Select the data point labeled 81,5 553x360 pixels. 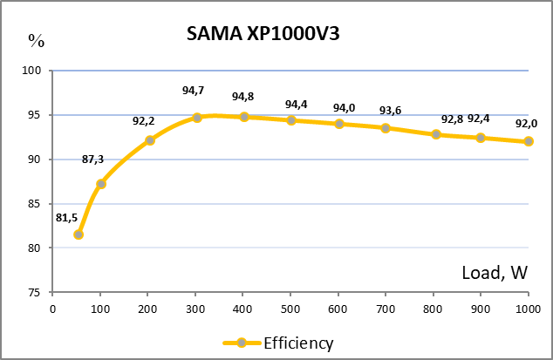coord(79,234)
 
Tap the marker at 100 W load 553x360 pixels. coord(101,184)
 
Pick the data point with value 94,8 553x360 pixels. coord(244,117)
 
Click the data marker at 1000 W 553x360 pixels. coord(529,141)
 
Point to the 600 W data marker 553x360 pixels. coord(339,124)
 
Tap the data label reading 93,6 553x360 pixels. coord(390,110)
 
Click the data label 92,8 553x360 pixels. coord(452,119)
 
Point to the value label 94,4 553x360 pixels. coord(297,105)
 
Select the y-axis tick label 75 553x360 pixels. coord(36,292)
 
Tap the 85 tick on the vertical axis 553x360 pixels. coord(36,203)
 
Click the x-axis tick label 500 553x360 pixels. coord(291,309)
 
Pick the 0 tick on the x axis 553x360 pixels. coord(52,309)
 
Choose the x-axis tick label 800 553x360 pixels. coord(434,309)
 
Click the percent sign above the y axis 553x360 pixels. coord(36,39)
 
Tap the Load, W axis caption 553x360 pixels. coord(494,273)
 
